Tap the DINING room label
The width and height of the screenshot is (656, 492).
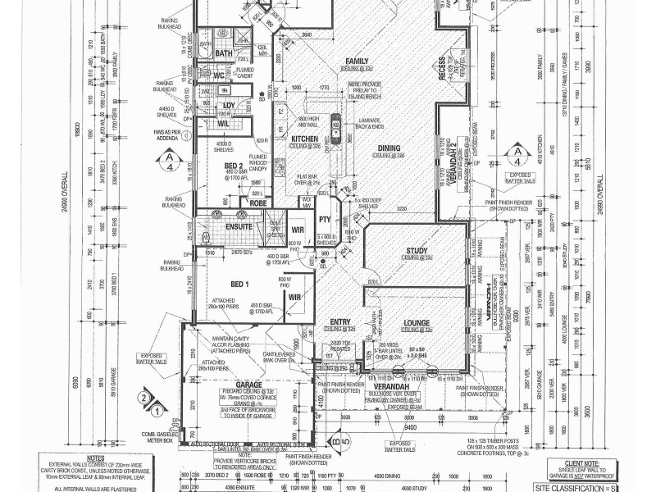[x=389, y=148]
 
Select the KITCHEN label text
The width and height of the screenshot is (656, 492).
[x=304, y=139]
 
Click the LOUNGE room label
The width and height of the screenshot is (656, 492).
[x=417, y=324]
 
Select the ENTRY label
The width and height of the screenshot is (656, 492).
[x=340, y=321]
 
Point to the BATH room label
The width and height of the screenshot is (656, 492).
[x=224, y=53]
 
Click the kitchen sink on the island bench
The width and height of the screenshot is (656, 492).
[x=337, y=128]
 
